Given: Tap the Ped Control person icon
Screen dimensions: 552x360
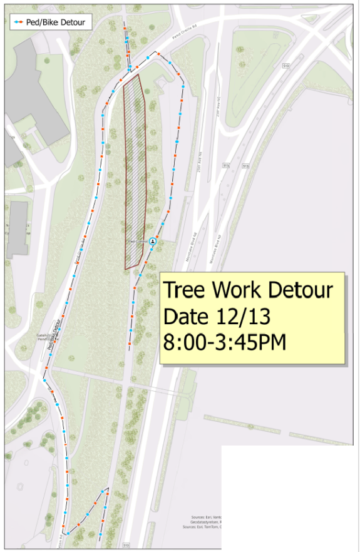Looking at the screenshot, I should click(152, 240).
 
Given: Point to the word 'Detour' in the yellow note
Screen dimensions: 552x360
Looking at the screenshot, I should click(301, 291).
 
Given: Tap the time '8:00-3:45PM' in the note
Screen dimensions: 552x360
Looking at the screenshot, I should click(224, 342).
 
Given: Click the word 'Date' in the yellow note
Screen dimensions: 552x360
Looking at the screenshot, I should click(186, 317).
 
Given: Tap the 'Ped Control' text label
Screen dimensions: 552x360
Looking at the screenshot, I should click(136, 241).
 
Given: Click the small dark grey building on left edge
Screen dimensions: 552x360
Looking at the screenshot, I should click(18, 228).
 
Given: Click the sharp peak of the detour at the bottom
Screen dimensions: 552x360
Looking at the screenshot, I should click(108, 488).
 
